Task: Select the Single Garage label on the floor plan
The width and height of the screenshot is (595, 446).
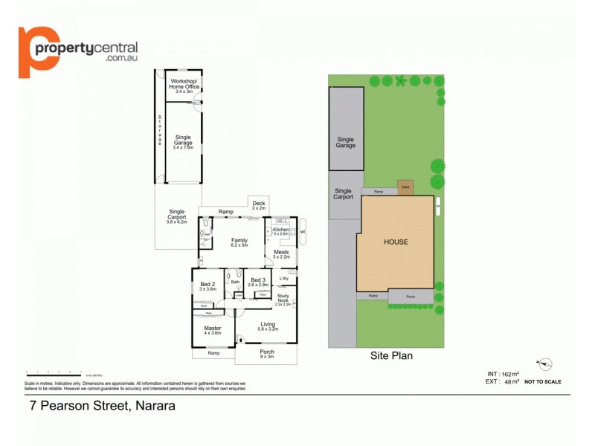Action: (x=183, y=142)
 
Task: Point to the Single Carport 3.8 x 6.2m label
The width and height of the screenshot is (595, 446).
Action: (x=176, y=216)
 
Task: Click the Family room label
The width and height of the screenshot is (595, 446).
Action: (x=239, y=242)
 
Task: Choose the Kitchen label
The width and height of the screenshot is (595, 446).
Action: (x=282, y=231)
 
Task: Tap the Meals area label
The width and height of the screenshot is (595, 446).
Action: (x=281, y=254)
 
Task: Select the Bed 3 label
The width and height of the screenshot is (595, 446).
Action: (x=258, y=282)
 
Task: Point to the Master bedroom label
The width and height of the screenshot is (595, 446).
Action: (x=213, y=330)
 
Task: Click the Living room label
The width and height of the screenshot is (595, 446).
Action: (x=268, y=325)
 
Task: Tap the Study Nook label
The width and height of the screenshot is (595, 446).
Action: (x=283, y=299)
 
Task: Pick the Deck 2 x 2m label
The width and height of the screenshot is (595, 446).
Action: (x=259, y=205)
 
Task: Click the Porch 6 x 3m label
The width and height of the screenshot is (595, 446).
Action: (x=267, y=354)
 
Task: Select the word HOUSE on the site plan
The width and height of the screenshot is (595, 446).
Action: (x=396, y=242)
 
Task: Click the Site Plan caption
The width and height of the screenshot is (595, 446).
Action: (x=391, y=356)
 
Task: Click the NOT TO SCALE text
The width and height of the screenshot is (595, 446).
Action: (x=543, y=381)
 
